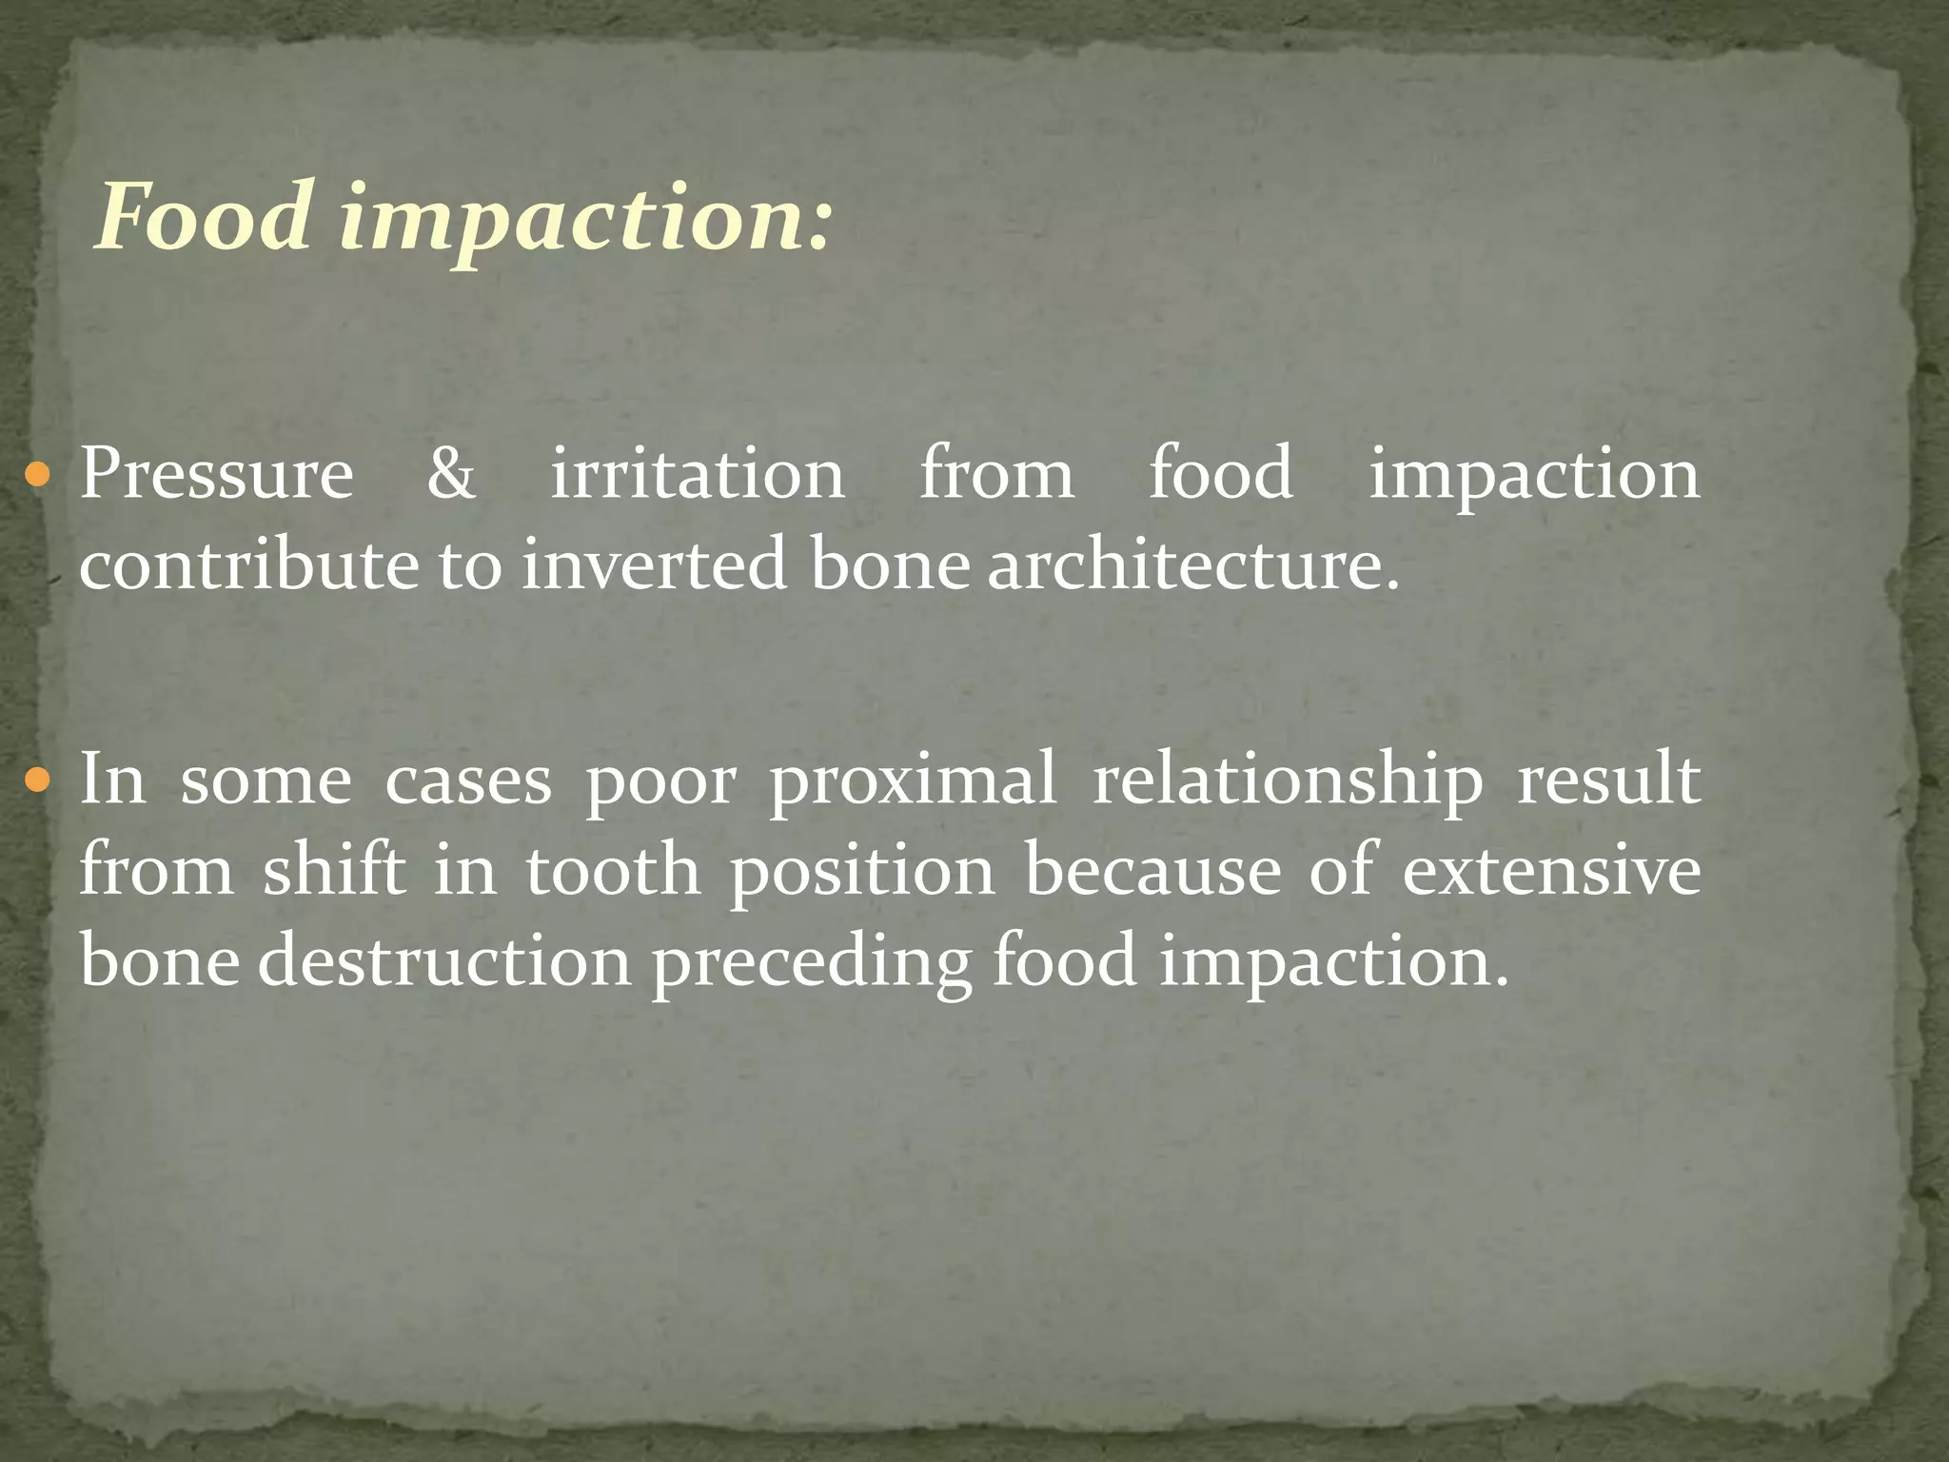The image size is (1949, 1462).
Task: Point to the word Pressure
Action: click(216, 473)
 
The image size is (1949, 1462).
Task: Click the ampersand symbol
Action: click(450, 473)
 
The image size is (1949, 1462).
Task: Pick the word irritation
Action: click(698, 473)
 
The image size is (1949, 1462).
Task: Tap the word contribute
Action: click(248, 564)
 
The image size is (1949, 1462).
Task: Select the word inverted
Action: click(655, 564)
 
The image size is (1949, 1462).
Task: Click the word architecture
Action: click(1193, 564)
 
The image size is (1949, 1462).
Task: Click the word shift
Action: click(334, 870)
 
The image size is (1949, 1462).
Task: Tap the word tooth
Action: click(614, 870)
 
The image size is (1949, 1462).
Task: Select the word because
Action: click(1152, 870)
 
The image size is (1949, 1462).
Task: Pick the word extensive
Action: click(1551, 870)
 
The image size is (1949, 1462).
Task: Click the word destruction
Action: click(444, 960)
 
